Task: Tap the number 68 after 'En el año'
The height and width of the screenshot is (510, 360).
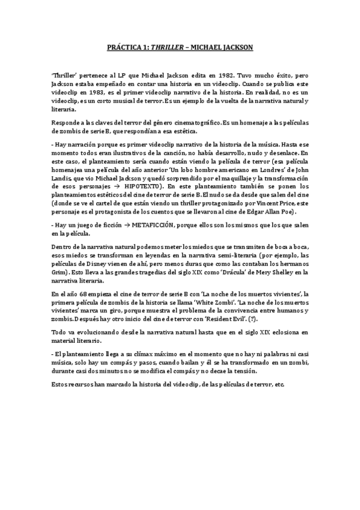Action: [x=80, y=293]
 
